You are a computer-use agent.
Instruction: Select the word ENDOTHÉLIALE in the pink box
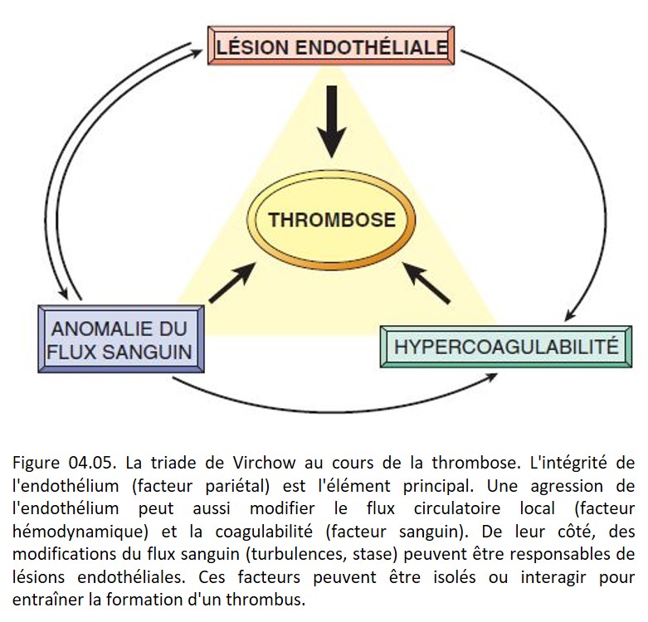372,46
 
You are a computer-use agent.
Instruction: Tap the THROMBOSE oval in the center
331,220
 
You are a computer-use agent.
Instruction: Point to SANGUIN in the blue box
147,352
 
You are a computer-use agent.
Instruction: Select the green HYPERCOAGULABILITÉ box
506,347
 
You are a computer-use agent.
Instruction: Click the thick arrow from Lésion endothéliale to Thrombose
331,122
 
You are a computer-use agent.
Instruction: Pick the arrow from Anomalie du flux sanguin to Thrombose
232,283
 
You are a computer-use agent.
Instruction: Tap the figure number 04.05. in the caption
90,463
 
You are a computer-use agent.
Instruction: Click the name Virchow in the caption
264,463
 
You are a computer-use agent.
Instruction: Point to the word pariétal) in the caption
237,486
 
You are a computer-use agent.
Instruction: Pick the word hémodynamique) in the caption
80,532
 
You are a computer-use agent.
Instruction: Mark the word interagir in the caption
553,577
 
